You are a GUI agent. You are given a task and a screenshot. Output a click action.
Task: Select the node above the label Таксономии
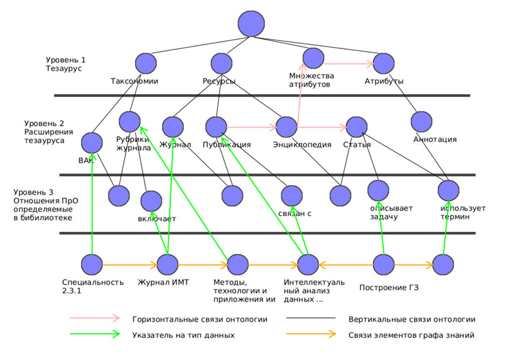[146, 63]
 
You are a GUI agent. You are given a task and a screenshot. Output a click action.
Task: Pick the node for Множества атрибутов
[313, 58]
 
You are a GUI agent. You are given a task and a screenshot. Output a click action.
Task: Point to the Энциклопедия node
[286, 127]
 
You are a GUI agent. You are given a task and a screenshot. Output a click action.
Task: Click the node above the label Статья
[355, 126]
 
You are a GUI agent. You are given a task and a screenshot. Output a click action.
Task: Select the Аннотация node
[421, 122]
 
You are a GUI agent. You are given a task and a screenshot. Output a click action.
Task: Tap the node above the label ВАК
[92, 142]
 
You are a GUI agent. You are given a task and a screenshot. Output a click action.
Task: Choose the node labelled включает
[151, 201]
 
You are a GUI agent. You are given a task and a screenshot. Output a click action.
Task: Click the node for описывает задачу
[379, 190]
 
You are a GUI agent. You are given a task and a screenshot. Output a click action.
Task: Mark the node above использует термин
[448, 190]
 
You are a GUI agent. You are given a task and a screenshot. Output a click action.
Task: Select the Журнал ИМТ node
[168, 265]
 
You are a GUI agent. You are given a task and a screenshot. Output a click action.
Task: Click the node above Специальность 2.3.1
[92, 265]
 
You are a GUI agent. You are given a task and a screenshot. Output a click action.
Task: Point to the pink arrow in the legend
[94, 319]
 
